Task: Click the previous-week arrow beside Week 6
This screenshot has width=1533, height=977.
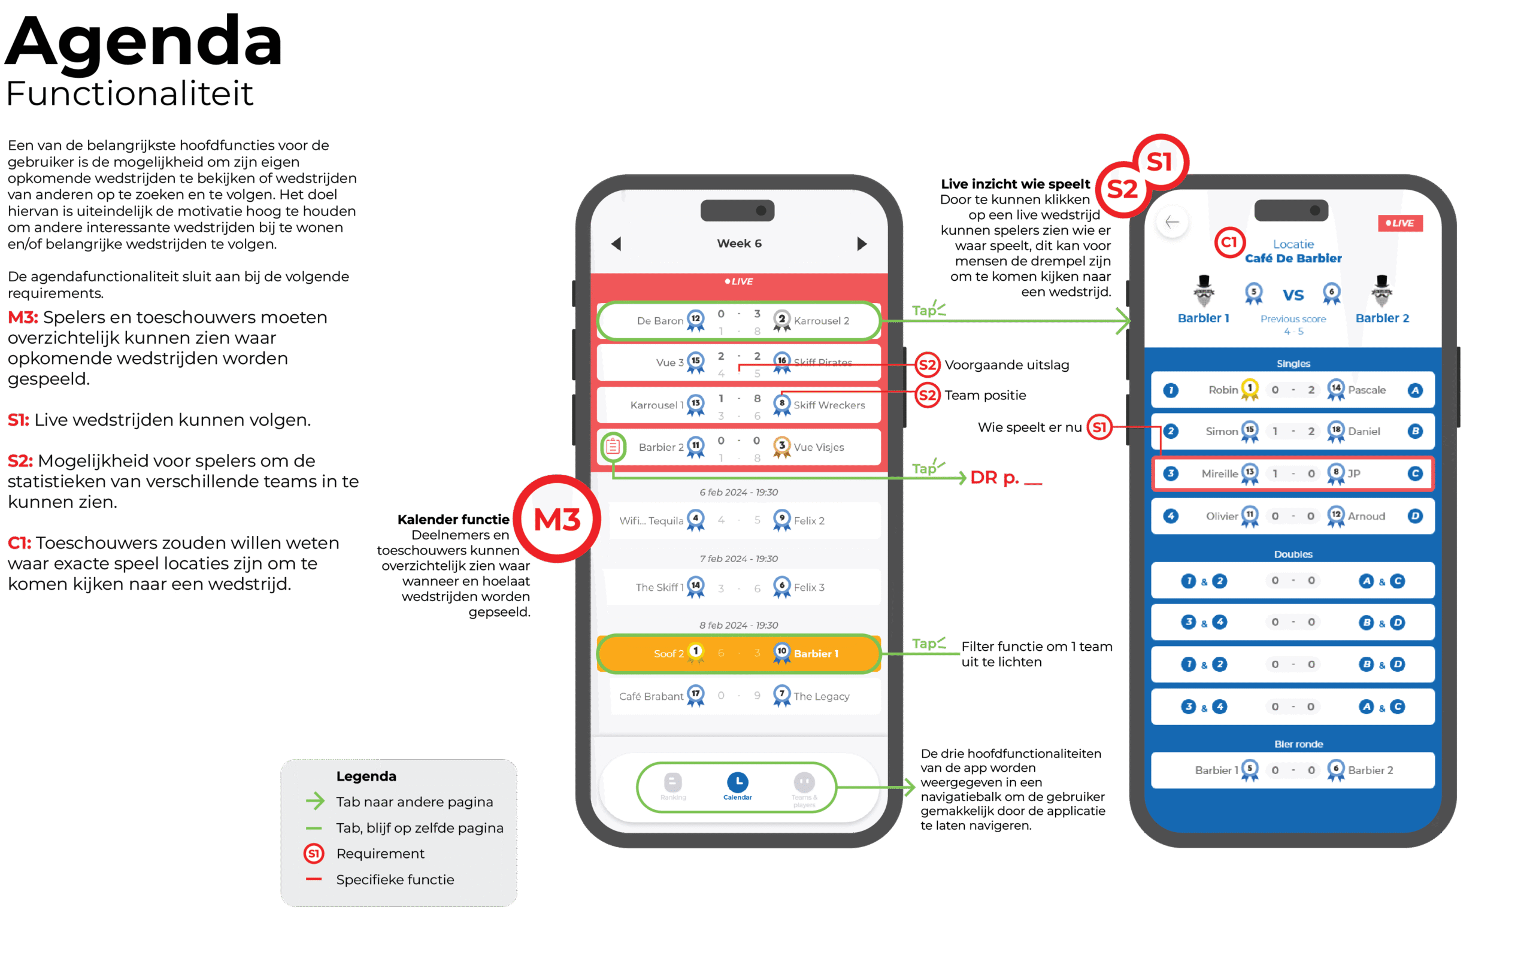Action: [616, 244]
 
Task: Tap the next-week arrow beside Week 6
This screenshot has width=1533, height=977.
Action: [862, 244]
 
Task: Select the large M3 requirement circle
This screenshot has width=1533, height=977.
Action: [557, 519]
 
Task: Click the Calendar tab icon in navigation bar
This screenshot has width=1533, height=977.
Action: [737, 782]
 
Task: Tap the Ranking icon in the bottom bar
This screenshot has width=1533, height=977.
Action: [673, 782]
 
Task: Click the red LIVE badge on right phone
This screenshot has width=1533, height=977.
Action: [1400, 223]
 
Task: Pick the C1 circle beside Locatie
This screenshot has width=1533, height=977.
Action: [1229, 242]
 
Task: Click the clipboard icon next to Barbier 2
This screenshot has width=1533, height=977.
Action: [613, 447]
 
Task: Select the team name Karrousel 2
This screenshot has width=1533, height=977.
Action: [821, 321]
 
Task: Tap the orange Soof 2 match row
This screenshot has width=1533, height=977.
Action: [738, 654]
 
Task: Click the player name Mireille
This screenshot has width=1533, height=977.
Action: [1219, 474]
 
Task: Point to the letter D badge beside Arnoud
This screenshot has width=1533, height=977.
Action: [1414, 516]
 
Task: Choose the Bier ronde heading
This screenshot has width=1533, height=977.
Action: [1298, 744]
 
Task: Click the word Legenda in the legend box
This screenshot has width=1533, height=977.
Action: [366, 776]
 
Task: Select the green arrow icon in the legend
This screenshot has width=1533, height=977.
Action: [314, 802]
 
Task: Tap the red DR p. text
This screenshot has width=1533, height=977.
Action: [994, 477]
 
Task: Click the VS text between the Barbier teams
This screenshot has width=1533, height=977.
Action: [1293, 295]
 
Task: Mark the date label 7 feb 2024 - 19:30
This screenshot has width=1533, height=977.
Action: [738, 559]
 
